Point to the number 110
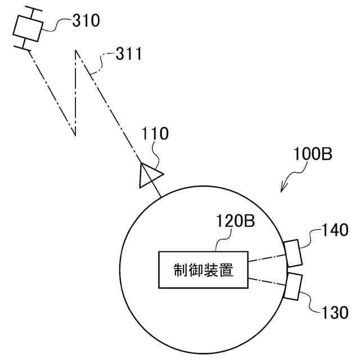click(x=155, y=134)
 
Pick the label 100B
click(x=313, y=154)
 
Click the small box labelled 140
click(x=292, y=254)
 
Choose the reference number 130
click(x=335, y=312)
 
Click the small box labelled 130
click(x=293, y=287)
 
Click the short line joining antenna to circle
click(x=158, y=192)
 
